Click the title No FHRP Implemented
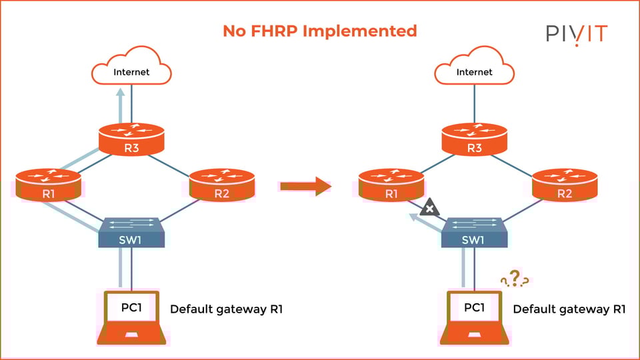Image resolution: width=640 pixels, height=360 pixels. point(319,31)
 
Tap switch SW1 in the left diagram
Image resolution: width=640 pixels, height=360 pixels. point(131,233)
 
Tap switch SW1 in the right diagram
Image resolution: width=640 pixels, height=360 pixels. point(474,233)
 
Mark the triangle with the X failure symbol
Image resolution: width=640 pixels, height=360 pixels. point(430,208)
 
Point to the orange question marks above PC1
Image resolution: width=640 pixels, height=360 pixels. point(515,278)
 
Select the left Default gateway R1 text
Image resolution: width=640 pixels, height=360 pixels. point(227,309)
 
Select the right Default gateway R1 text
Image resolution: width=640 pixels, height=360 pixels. point(569,309)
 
